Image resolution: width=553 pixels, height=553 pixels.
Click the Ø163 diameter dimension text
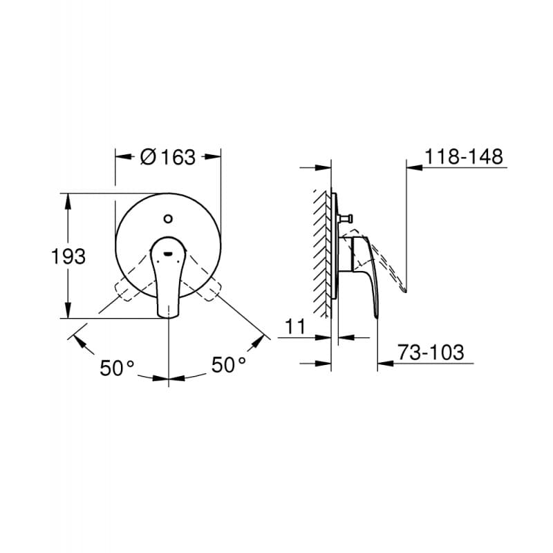(x=167, y=157)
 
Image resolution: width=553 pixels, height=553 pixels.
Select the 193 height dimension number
(x=68, y=256)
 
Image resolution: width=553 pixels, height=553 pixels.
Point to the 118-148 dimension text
(x=463, y=157)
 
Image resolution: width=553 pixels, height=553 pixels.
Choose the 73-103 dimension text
(x=430, y=353)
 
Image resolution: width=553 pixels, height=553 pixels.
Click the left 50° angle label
(x=117, y=368)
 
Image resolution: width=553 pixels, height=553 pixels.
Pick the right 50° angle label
(x=229, y=364)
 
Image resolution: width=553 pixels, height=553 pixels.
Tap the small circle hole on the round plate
(x=167, y=220)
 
